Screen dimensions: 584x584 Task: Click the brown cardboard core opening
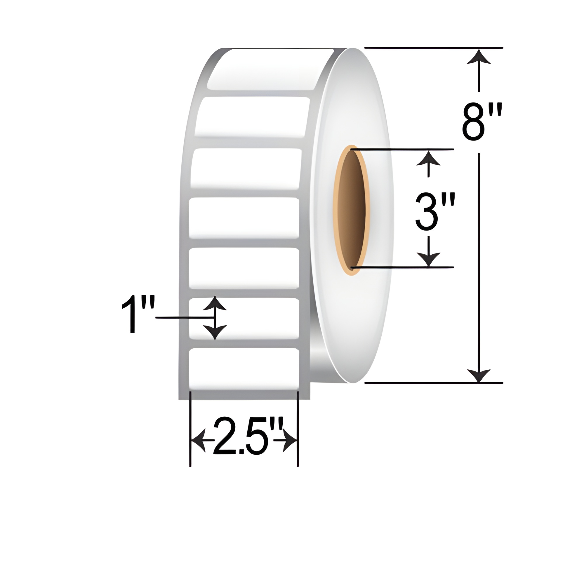pos(352,210)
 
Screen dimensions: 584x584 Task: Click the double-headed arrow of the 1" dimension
pos(215,318)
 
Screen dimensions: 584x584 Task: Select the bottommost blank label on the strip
pos(244,369)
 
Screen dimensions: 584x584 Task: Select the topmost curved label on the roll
pos(266,69)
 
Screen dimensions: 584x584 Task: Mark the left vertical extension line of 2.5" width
pos(190,423)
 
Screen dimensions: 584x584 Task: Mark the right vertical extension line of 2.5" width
pos(298,423)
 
